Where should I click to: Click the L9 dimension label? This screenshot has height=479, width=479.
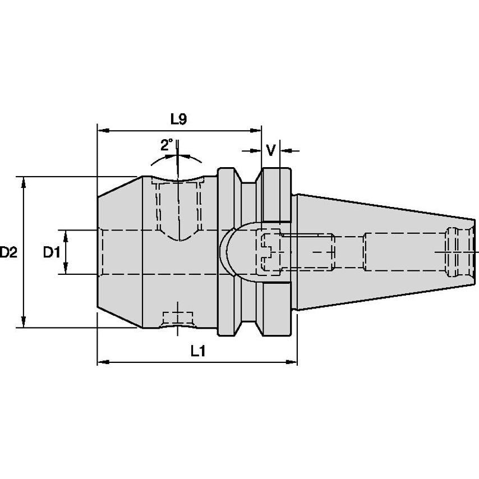point(178,119)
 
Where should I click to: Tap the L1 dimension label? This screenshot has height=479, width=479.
point(198,351)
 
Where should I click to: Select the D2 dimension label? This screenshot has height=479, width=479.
point(8,252)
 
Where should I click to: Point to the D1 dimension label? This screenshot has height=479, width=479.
point(52,252)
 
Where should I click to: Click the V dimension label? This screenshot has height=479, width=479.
point(271,150)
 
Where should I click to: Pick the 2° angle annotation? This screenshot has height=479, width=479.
point(167,145)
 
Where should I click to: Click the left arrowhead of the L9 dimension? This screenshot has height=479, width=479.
point(103,131)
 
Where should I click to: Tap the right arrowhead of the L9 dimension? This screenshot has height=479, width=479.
point(255,131)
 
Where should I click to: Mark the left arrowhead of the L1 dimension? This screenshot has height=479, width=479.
point(103,362)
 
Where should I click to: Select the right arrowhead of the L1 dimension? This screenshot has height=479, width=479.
point(291,362)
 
